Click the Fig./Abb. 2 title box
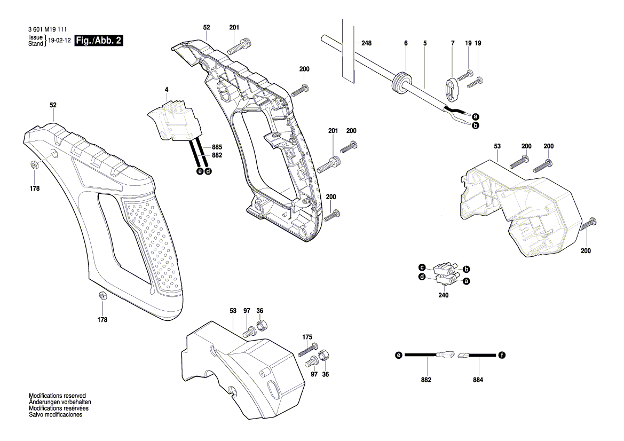[100, 41]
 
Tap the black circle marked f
[502, 355]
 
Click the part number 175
[307, 337]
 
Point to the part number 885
[217, 147]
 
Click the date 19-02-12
[60, 41]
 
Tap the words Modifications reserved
[57, 396]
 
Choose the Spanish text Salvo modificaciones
[56, 415]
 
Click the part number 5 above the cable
[425, 43]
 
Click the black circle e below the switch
[200, 171]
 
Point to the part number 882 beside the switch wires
[217, 155]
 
